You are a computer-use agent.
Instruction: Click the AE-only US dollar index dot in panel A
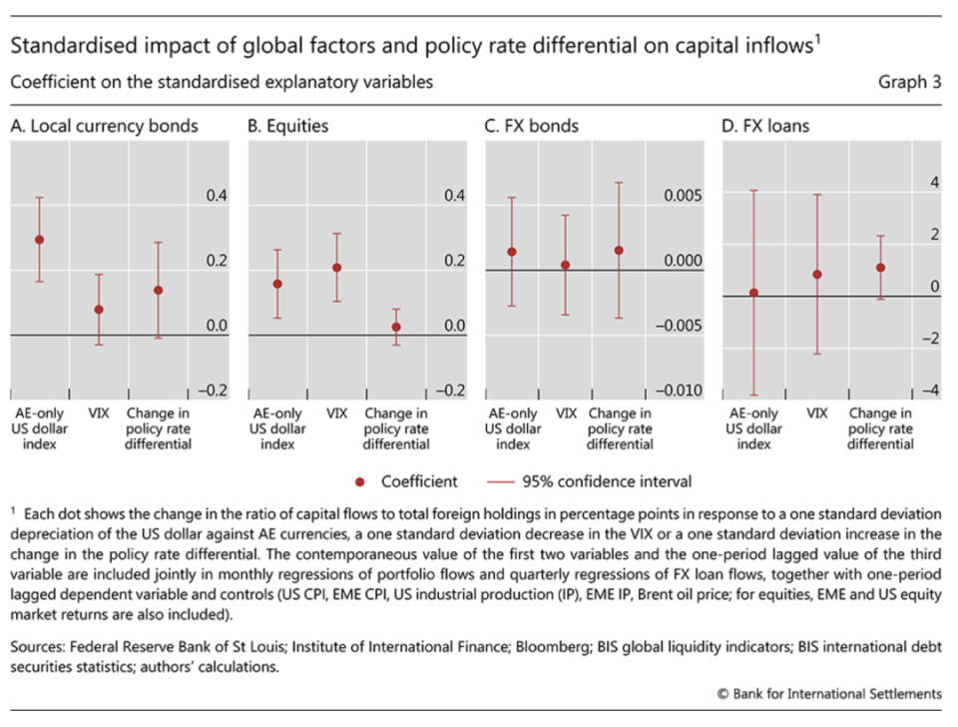point(40,240)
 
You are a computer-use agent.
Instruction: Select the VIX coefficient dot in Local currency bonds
point(98,310)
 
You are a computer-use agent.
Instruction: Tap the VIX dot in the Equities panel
point(336,268)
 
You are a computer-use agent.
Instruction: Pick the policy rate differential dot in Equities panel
point(396,327)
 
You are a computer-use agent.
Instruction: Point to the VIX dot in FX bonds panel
point(565,265)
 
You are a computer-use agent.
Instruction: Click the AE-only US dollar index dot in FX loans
point(754,293)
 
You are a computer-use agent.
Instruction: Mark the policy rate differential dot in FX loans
point(880,268)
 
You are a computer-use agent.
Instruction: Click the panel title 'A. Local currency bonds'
point(104,126)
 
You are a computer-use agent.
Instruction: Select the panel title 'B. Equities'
point(288,126)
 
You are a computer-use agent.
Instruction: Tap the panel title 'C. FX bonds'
point(532,126)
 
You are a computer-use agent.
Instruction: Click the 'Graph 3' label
point(910,83)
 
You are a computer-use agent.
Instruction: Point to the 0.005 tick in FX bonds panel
point(684,197)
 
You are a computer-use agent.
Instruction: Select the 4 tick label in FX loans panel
point(934,183)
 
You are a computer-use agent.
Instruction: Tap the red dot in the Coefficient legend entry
point(360,481)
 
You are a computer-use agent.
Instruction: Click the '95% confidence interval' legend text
point(606,481)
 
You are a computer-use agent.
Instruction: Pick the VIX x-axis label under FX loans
point(816,413)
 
